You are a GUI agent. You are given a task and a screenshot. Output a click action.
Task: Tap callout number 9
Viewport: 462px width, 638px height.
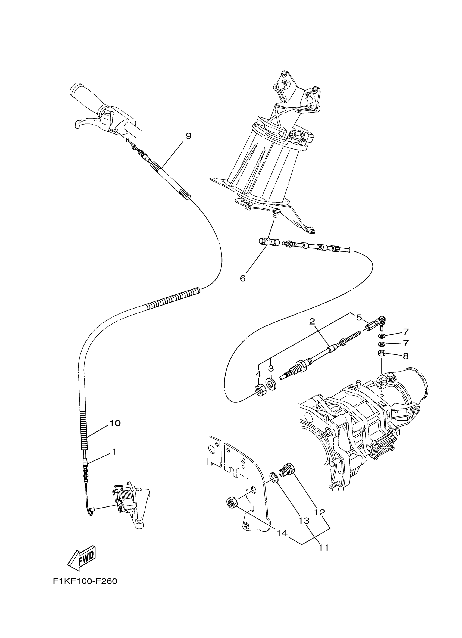pyautogui.click(x=188, y=136)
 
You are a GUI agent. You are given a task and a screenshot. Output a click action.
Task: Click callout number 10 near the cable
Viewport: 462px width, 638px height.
pyautogui.click(x=115, y=431)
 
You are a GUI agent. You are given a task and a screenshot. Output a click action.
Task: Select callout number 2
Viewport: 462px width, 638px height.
pyautogui.click(x=312, y=322)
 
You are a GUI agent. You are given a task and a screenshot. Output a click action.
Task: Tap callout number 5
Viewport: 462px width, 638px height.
pyautogui.click(x=359, y=318)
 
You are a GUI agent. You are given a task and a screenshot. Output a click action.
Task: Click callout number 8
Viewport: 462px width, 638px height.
pyautogui.click(x=405, y=356)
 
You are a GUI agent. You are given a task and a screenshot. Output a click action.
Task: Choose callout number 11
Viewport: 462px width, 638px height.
pyautogui.click(x=324, y=548)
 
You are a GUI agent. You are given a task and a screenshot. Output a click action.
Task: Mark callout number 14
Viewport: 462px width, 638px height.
pyautogui.click(x=282, y=533)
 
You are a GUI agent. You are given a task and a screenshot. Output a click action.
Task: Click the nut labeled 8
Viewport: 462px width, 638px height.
pyautogui.click(x=381, y=354)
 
